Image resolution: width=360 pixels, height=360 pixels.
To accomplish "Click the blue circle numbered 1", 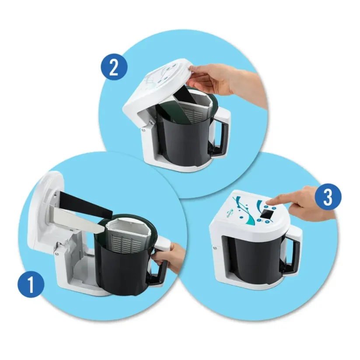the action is (31, 284).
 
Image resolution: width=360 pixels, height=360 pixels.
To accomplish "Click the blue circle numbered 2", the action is (114, 66).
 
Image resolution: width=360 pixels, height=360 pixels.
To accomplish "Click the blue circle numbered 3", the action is (328, 197).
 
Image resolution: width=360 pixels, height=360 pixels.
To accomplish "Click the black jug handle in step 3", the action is (292, 255).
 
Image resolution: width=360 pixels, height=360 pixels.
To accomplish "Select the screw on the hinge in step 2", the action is (144, 130).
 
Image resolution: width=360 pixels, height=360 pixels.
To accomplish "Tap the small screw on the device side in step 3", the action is (215, 248).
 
